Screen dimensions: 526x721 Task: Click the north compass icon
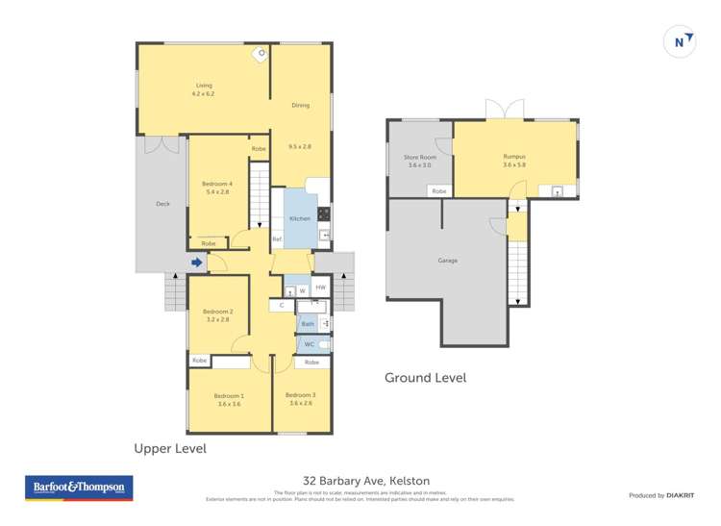680,41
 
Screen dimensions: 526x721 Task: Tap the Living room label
203,86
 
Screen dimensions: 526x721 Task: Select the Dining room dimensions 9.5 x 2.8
300,146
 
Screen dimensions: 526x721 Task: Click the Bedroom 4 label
217,184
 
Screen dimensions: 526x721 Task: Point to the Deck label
162,204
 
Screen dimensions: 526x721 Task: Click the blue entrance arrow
196,262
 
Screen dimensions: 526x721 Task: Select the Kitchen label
300,219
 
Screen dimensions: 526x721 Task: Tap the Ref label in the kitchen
277,239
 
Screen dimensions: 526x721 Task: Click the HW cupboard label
321,288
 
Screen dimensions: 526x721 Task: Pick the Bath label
308,324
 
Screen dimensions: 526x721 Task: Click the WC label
310,344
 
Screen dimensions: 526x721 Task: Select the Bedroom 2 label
217,312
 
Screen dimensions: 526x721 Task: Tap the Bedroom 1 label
229,395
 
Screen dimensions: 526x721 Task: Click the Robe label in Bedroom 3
311,363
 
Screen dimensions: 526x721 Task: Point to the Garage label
447,261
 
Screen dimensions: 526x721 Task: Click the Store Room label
420,157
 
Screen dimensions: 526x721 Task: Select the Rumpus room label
514,157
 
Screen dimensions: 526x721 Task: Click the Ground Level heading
425,378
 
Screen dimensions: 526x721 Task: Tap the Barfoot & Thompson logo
79,488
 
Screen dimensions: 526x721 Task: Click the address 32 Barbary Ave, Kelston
366,480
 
